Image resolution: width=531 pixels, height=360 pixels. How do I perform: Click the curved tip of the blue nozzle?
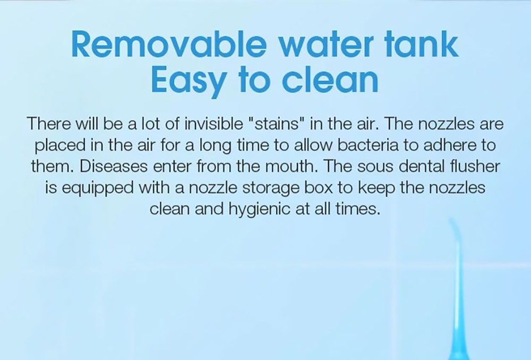click(x=453, y=227)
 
